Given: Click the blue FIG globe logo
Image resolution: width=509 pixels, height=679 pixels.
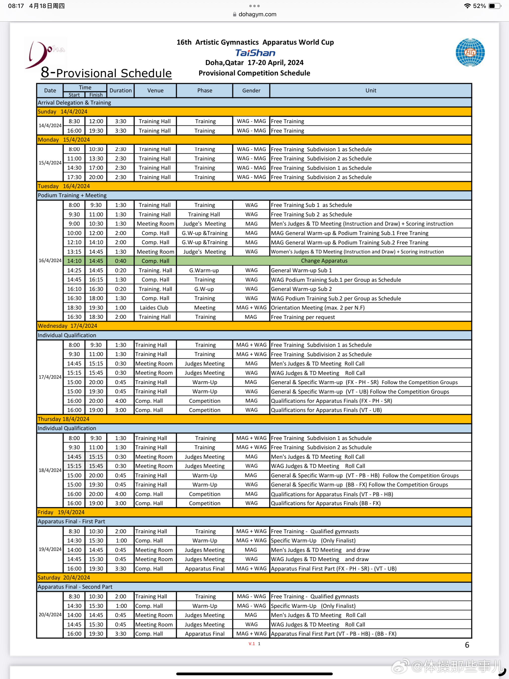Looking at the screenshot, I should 470,52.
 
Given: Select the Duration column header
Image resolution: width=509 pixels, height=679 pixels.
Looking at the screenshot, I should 120,90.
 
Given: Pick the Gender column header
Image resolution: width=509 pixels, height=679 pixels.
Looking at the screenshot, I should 251,90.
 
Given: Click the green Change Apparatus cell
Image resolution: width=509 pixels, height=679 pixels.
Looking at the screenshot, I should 324,261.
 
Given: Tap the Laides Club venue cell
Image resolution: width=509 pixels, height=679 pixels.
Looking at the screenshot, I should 154,308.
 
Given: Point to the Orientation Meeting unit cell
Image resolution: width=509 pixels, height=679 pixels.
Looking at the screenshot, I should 318,308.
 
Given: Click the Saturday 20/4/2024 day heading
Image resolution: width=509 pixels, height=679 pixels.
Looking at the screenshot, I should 64,577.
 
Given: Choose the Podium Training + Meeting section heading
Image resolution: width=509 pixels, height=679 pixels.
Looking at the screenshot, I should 72,196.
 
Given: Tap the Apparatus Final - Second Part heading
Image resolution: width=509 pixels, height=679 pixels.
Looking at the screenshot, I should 75,587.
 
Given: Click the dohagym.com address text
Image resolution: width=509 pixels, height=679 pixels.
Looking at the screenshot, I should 257,14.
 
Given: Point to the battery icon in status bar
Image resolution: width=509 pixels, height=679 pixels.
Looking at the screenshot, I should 494,6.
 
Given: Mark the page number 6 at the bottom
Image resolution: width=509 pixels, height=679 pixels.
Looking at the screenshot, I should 467,645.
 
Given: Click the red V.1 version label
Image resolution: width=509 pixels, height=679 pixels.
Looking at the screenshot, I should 252,644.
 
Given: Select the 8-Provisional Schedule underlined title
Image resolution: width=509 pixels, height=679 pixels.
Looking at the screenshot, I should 106,73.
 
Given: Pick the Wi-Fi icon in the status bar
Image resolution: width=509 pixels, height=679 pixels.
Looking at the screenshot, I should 467,6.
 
